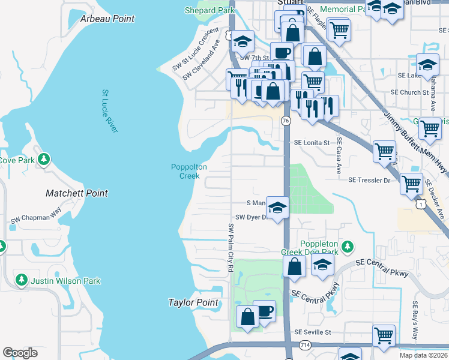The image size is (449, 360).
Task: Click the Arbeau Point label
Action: [x=107, y=19]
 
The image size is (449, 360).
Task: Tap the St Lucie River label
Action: [x=109, y=112]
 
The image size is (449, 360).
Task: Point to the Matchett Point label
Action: [x=77, y=193]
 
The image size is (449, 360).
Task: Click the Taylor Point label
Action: [x=189, y=303]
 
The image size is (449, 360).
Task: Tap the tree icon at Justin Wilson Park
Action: [x=21, y=280]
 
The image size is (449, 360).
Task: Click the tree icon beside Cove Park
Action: [x=43, y=160]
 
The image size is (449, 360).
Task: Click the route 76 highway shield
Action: [x=286, y=122]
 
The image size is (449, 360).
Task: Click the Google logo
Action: [x=20, y=353]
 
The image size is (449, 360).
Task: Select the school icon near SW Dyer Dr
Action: [x=277, y=208]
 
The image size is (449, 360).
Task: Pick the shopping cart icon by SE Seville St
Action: [x=384, y=335]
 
